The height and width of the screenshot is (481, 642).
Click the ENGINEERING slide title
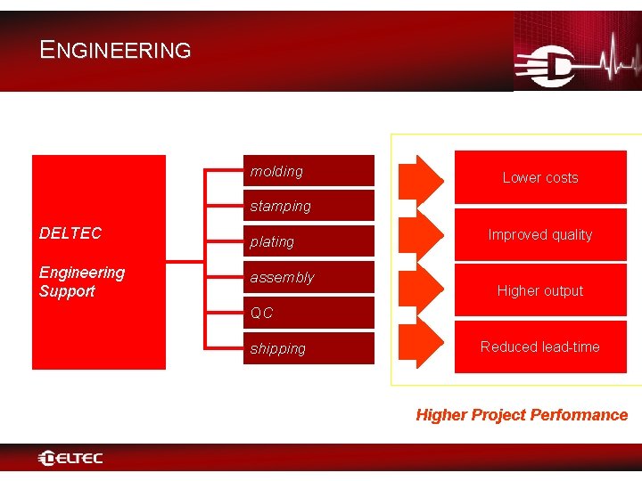click(115, 50)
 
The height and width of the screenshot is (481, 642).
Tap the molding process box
click(311, 171)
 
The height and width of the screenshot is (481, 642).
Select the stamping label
click(281, 207)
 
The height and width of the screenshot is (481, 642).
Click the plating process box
click(311, 241)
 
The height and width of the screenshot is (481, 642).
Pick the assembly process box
click(311, 277)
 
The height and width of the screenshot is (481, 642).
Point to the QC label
click(262, 314)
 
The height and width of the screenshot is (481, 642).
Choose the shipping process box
click(311, 348)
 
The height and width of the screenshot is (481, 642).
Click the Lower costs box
click(540, 177)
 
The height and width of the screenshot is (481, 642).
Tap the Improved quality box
click(540, 235)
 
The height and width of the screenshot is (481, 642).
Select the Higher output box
click(540, 290)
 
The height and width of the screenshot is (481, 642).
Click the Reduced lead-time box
click(540, 346)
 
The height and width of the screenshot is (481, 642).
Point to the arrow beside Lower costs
click(419, 177)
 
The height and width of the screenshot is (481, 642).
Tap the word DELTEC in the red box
click(70, 233)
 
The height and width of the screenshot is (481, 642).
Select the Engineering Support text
click(82, 281)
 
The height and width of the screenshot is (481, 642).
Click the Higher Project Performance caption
click(522, 415)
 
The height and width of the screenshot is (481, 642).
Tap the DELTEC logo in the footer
click(71, 459)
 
